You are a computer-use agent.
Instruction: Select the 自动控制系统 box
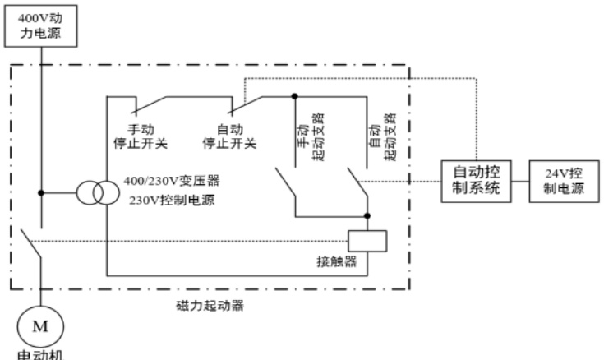(x=476, y=180)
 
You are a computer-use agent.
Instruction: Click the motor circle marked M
(x=39, y=326)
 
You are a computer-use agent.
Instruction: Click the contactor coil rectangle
(x=367, y=240)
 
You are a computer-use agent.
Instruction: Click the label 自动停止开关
(x=229, y=136)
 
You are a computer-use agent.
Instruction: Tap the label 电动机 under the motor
(x=38, y=354)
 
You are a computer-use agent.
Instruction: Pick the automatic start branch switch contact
(x=357, y=181)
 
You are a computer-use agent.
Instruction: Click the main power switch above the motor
(x=30, y=239)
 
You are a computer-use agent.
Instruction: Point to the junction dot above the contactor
(x=367, y=217)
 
